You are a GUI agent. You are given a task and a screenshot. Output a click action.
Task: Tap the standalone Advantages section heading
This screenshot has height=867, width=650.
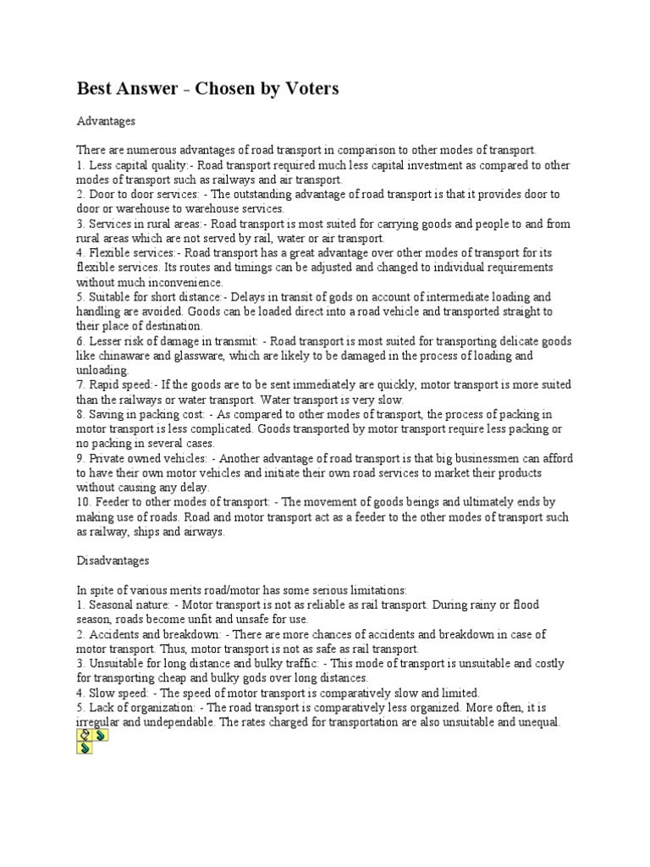pyautogui.click(x=106, y=121)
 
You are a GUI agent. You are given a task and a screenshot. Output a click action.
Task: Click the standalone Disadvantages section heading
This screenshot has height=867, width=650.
pyautogui.click(x=113, y=561)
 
